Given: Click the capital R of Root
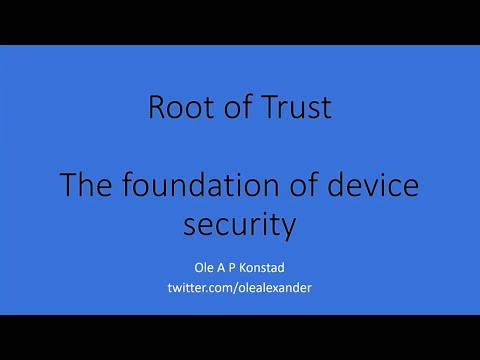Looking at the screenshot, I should pyautogui.click(x=156, y=108).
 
